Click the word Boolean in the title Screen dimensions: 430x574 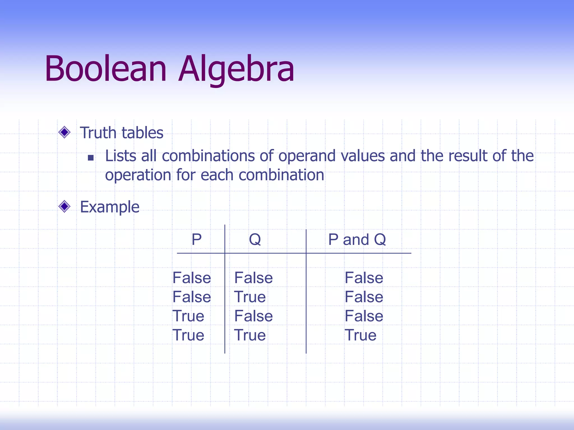point(106,69)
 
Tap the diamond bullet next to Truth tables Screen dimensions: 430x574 point(64,132)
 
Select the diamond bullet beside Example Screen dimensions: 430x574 point(64,207)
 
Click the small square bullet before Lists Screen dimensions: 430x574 point(91,158)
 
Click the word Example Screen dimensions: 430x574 point(110,207)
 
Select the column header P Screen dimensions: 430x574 point(196,240)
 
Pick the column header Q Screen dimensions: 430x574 point(255,240)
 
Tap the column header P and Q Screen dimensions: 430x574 point(357,240)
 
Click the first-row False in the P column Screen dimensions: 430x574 point(192,278)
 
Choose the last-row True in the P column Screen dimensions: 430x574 point(188,335)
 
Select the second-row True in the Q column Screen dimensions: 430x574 point(250,297)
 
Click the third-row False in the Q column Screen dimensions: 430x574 point(253,316)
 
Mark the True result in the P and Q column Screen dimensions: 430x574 point(360,335)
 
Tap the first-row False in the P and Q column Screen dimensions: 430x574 point(364,278)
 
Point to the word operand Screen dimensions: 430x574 point(307,156)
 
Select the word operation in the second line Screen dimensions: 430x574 point(138,176)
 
